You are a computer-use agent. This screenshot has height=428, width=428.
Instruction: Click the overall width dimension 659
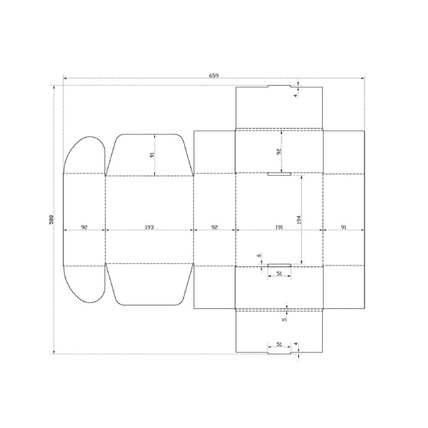pos(214,76)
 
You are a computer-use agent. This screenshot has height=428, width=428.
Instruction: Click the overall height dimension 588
pos(51,219)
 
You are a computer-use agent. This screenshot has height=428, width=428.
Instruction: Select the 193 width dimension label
pos(149,227)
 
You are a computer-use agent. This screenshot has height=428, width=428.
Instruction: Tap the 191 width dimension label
pos(279,227)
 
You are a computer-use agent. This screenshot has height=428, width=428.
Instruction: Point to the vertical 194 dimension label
pos(298,219)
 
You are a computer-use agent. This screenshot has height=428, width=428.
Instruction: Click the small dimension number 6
pos(259,255)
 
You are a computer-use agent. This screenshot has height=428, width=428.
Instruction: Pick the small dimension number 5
pos(284,319)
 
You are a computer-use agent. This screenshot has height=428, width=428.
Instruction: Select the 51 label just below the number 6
pos(279,273)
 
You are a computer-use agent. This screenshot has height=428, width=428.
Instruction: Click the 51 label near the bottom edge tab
pos(279,344)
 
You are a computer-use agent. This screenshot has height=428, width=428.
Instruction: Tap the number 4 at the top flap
pos(295,96)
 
